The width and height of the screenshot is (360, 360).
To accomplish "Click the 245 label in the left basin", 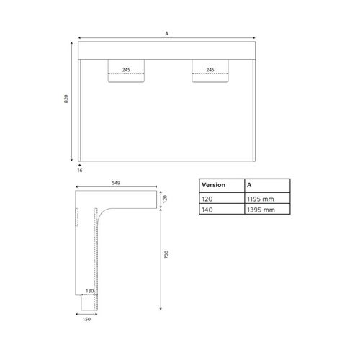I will tap(126, 70).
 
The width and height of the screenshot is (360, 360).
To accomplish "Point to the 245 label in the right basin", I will tap(210, 70).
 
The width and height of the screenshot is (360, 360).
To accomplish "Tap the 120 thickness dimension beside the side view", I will tap(165, 199).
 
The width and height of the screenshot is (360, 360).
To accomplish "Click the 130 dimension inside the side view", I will tap(90, 291).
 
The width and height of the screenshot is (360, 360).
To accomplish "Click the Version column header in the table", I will tap(213, 185).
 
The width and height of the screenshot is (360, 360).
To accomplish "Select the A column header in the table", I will tap(249, 185).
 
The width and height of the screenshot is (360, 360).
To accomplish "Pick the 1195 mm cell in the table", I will tap(261, 198).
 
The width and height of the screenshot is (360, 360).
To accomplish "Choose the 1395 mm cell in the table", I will tap(261, 210).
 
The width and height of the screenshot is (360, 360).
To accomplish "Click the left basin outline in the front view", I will tap(126, 78).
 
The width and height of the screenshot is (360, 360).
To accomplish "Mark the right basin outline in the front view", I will tap(210, 78).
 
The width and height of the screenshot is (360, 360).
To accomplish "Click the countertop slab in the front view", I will tap(167, 51).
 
